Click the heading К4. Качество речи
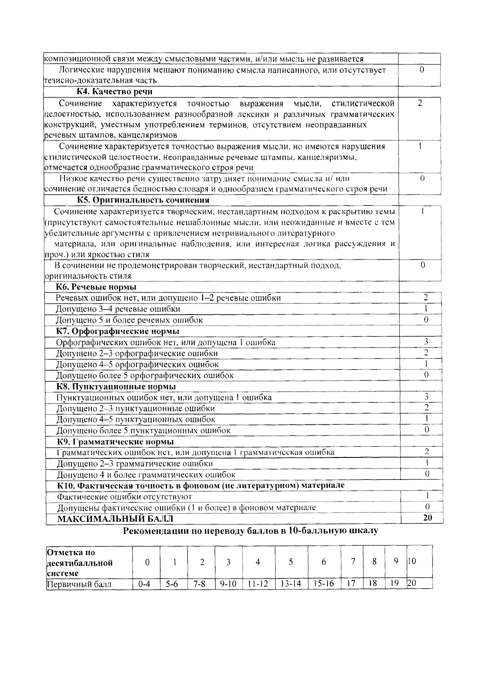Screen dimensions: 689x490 point(115,91)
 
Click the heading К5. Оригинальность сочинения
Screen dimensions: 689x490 point(143,200)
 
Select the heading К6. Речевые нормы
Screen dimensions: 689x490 point(96,287)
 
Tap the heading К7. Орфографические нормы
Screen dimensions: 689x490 point(118,331)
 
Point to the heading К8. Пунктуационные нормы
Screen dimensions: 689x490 point(116,386)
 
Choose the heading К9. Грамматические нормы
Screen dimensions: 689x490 point(115,442)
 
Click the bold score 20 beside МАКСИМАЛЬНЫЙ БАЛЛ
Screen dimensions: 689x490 point(427,517)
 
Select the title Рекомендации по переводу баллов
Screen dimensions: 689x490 point(250,531)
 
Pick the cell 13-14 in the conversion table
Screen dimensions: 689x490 point(291,584)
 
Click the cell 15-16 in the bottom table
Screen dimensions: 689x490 point(323,584)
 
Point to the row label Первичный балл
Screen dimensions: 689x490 point(79,584)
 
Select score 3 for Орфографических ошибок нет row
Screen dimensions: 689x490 point(426,341)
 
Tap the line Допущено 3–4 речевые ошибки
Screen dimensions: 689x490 point(118,309)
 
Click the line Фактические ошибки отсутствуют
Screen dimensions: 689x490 point(124,497)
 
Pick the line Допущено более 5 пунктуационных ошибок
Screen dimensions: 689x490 point(143,430)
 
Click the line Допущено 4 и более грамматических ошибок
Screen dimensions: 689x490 point(146,475)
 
